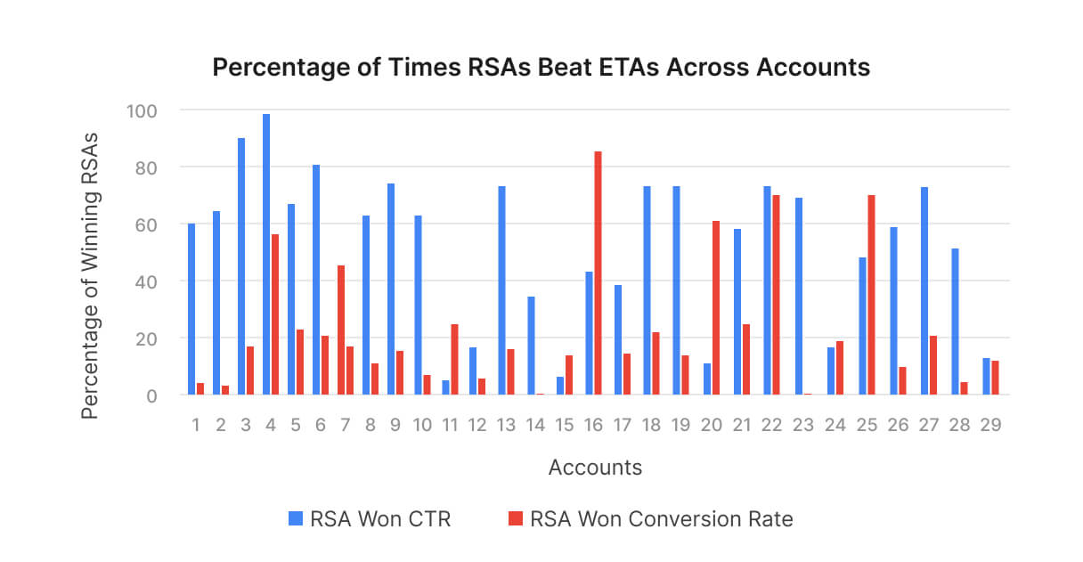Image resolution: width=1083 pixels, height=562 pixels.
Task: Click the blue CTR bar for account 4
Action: point(266,255)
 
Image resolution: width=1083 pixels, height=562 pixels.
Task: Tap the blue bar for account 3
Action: point(241,266)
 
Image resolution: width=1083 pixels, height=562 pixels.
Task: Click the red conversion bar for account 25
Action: point(871,295)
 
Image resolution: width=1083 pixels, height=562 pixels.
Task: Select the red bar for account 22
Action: point(776,295)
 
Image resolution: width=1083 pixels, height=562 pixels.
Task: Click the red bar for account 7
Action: point(341,330)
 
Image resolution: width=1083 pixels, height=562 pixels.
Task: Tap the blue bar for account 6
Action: point(316,280)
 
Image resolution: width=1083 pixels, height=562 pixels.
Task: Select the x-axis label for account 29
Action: point(991,426)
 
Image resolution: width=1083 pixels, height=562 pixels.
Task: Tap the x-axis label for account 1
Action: point(196,426)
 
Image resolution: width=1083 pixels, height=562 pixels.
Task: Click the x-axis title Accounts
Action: point(595,468)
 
